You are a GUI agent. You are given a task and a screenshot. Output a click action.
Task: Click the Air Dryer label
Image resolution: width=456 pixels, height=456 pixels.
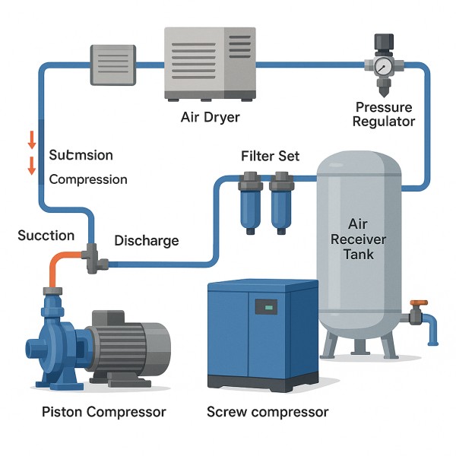pyautogui.click(x=210, y=118)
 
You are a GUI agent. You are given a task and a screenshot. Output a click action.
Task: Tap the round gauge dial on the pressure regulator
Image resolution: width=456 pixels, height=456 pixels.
pyautogui.click(x=383, y=67)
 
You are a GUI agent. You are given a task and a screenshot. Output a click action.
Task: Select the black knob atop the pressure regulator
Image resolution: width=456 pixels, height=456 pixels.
pyautogui.click(x=384, y=42)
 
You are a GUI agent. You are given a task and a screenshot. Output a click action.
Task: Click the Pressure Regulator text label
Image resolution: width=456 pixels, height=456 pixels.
pyautogui.click(x=384, y=114)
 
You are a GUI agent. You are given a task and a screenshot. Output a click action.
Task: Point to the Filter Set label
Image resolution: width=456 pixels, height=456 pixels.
pyautogui.click(x=270, y=156)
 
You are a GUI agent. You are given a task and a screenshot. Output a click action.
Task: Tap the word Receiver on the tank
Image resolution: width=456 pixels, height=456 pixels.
pyautogui.click(x=358, y=239)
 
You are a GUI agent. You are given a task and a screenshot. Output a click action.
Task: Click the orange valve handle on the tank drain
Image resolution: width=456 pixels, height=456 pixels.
pyautogui.click(x=419, y=302)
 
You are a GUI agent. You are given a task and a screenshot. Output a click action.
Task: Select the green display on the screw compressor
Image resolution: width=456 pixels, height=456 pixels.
pyautogui.click(x=269, y=307)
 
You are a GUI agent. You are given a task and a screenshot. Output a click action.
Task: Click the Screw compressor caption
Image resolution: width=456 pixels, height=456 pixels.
pyautogui.click(x=268, y=412)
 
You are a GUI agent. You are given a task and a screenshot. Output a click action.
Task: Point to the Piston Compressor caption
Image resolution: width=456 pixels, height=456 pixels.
pyautogui.click(x=104, y=412)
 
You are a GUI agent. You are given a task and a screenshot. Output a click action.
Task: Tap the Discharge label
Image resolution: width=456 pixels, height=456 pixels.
pyautogui.click(x=147, y=241)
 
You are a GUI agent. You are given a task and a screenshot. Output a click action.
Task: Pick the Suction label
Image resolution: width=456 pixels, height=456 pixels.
pyautogui.click(x=46, y=236)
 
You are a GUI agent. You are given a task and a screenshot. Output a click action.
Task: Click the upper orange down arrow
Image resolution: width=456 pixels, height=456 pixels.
pyautogui.click(x=32, y=140)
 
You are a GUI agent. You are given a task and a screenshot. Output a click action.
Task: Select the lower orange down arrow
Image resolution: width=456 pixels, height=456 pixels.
pyautogui.click(x=32, y=166)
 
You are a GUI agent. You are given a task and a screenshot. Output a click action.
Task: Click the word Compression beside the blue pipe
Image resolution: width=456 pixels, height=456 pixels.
pyautogui.click(x=88, y=179)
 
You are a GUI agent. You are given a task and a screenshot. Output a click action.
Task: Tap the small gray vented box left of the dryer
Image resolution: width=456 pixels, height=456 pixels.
pyautogui.click(x=113, y=65)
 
